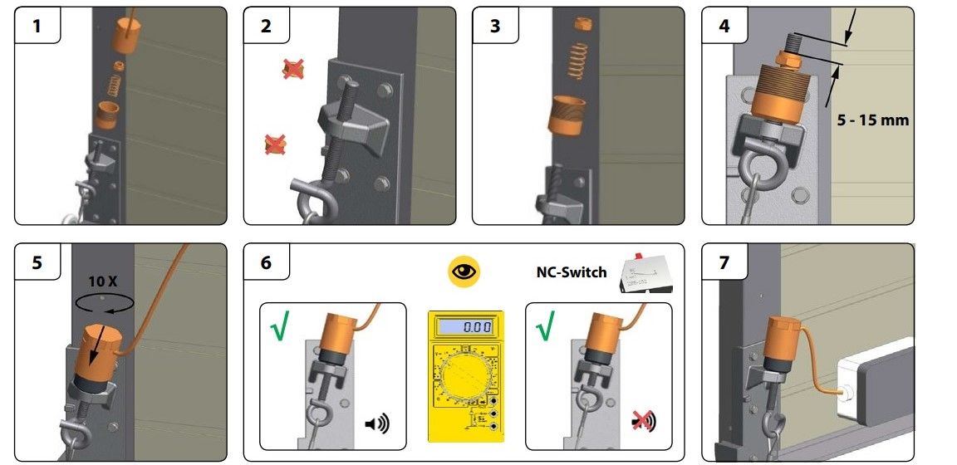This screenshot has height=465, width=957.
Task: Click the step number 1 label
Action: (x=37, y=27)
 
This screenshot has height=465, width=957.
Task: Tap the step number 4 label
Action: (x=724, y=27)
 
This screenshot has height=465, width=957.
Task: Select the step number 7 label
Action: (x=724, y=263)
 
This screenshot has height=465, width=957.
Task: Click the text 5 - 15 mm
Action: (x=873, y=120)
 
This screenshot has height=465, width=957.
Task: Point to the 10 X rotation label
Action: (x=102, y=282)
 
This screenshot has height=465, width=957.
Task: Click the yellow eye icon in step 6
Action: (x=464, y=272)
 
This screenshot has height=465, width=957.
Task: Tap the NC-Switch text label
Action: (x=572, y=272)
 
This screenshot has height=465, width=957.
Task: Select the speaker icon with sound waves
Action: (x=376, y=423)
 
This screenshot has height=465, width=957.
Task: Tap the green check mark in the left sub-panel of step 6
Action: (x=279, y=325)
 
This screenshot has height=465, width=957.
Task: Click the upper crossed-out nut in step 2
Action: (x=293, y=69)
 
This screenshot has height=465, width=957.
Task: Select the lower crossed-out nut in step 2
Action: (x=275, y=144)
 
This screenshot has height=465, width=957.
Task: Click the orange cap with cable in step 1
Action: (x=126, y=36)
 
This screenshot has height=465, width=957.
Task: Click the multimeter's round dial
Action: (x=466, y=379)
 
